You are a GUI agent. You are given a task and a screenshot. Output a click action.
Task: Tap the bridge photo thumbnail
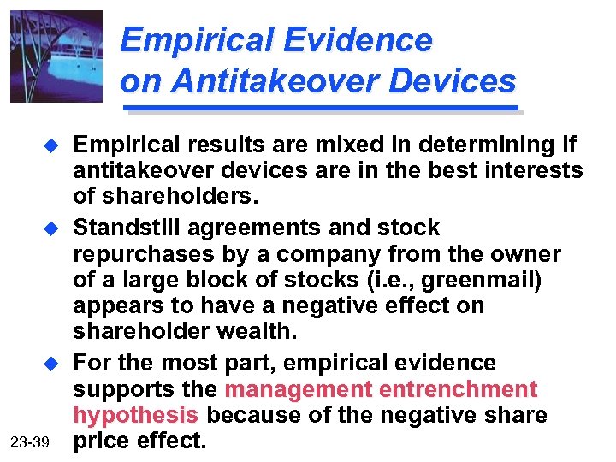pyautogui.click(x=56, y=56)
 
